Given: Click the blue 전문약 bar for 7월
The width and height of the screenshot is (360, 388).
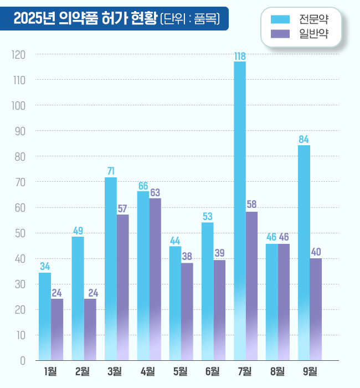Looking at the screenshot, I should point(240,211).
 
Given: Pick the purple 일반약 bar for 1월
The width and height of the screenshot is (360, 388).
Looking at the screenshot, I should point(57,329).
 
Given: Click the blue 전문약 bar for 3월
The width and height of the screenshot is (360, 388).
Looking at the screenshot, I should point(111,269).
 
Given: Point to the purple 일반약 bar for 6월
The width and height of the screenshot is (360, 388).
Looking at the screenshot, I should point(219,310).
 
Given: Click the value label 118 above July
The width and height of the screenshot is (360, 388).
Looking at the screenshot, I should point(240,56).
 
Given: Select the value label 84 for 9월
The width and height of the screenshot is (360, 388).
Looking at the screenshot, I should point(304,139).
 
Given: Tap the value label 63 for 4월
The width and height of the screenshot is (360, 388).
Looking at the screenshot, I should point(155,192).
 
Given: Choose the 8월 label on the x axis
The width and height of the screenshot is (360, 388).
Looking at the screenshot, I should point(277,371).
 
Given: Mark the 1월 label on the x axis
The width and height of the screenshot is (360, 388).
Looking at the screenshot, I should point(50,371).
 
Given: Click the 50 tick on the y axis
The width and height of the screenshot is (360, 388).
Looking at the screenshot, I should point(20,233).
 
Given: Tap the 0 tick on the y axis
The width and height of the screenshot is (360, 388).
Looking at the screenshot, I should point(23,360).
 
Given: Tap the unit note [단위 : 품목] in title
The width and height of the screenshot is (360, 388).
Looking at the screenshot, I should point(189,19).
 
